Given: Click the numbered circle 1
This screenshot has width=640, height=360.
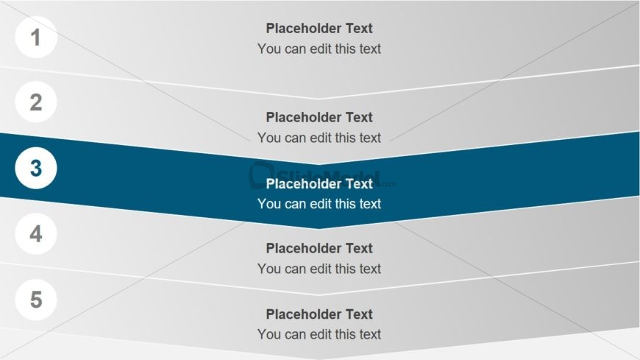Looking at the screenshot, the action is (x=36, y=38).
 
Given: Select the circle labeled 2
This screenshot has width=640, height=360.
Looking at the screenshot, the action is (x=36, y=102).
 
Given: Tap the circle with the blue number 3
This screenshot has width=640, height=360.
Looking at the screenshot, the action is (x=36, y=168).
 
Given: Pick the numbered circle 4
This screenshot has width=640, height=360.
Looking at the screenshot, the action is (x=36, y=233).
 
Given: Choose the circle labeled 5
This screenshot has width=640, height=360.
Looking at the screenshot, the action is (x=36, y=300).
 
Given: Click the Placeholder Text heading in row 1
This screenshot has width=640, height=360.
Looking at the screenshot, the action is (x=319, y=28).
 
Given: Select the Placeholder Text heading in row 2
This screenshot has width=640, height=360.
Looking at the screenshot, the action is (x=319, y=117).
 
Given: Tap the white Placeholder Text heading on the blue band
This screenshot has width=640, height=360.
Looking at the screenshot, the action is (x=319, y=184).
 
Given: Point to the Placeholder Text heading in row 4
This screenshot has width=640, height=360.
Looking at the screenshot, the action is (x=319, y=248).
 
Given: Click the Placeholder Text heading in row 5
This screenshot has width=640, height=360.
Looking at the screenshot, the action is (x=319, y=314).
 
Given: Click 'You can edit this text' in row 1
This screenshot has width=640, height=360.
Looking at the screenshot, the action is (x=319, y=49).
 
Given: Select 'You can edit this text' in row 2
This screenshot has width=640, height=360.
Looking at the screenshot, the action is (x=319, y=138).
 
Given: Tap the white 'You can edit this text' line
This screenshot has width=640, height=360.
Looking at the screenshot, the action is (x=319, y=203).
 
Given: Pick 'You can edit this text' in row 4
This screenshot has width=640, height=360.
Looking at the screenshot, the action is (x=319, y=269).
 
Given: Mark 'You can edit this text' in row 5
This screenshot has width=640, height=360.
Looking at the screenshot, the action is (x=319, y=333).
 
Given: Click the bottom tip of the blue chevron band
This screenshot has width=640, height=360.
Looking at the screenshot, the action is (x=319, y=229).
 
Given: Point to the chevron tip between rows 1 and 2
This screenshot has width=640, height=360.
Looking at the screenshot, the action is (x=319, y=99).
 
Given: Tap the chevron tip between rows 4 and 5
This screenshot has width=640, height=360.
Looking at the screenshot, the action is (x=319, y=294).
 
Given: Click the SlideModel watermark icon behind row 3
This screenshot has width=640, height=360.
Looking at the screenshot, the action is (x=261, y=175).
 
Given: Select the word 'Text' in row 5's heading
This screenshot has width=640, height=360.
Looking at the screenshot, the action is (x=359, y=314).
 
